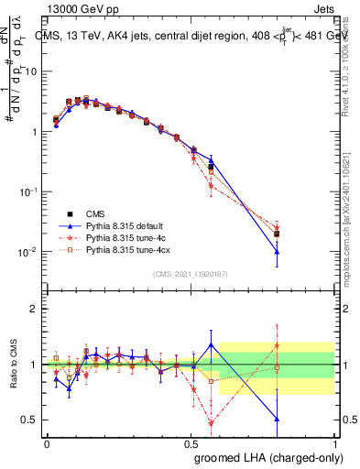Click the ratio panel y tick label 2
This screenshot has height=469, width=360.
pyautogui.click(x=35, y=309)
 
